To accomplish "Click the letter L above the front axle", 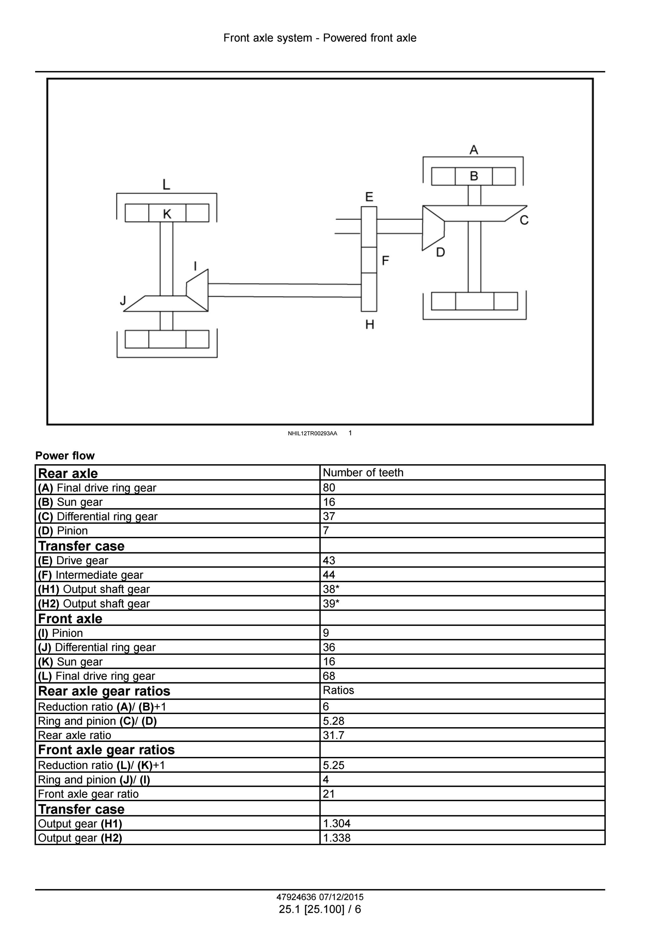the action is (x=166, y=185).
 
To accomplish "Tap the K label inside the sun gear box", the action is (x=167, y=214).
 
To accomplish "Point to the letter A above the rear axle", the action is (x=474, y=150).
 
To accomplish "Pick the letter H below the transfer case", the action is (x=370, y=325).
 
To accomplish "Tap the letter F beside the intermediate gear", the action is (x=385, y=260).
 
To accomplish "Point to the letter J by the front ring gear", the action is (x=123, y=301).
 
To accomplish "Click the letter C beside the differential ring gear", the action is (x=524, y=220).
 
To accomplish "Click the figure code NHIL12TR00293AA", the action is (x=313, y=433).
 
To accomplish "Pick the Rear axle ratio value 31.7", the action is (x=333, y=735).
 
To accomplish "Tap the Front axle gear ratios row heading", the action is (x=106, y=750).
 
